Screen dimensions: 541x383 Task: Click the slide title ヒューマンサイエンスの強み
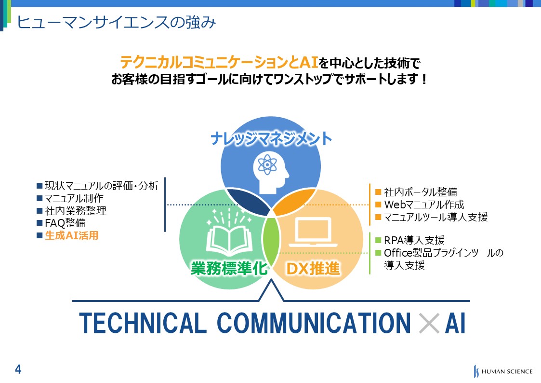pyautogui.click(x=116, y=22)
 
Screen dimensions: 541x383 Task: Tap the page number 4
pyautogui.click(x=18, y=369)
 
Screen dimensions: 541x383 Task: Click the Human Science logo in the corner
pyautogui.click(x=503, y=371)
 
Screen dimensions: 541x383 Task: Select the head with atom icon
pyautogui.click(x=271, y=172)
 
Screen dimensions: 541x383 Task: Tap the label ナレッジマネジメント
pyautogui.click(x=271, y=138)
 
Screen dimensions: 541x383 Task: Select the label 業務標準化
pyautogui.click(x=229, y=268)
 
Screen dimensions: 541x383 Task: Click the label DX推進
pyautogui.click(x=313, y=268)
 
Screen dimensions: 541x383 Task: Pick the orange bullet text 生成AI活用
pyautogui.click(x=72, y=235)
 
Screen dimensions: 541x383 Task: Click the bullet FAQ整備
pyautogui.click(x=65, y=223)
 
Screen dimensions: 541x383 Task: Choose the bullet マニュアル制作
pyautogui.click(x=74, y=198)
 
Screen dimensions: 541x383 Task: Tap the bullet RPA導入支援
pyautogui.click(x=414, y=240)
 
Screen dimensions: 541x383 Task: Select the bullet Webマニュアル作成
pyautogui.click(x=424, y=205)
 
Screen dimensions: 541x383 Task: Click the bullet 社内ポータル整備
pyautogui.click(x=421, y=192)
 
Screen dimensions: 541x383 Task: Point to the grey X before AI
pyautogui.click(x=429, y=323)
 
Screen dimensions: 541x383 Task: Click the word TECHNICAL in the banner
pyautogui.click(x=143, y=323)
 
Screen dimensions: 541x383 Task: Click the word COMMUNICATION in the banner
pyautogui.click(x=314, y=323)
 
